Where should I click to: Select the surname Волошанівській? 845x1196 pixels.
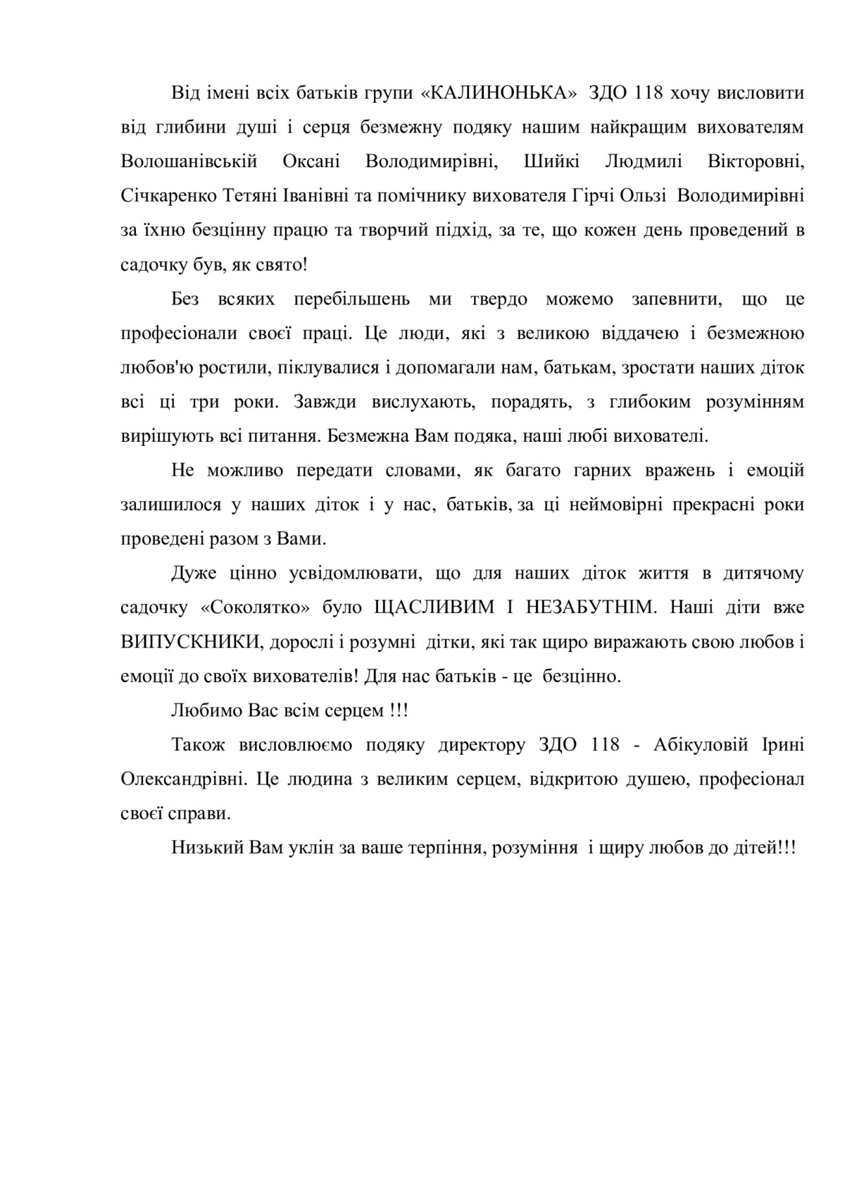click(189, 162)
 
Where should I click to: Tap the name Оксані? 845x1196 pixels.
click(311, 162)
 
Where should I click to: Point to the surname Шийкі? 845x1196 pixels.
click(552, 162)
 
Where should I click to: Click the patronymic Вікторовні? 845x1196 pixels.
click(756, 162)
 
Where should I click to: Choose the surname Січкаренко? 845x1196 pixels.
click(169, 196)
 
